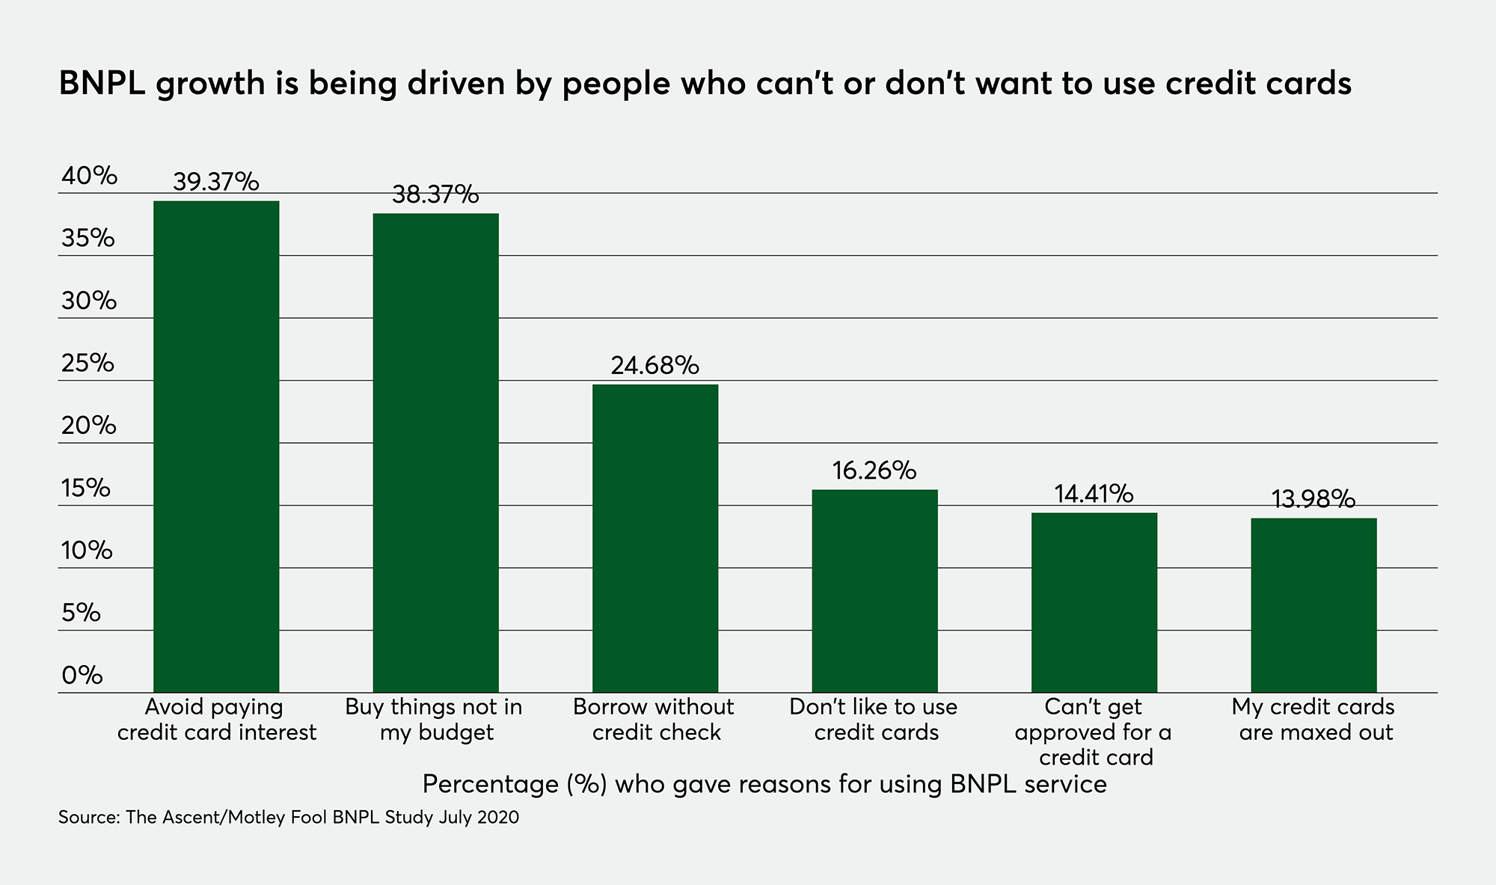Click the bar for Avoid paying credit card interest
click(216, 447)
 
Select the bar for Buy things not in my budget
click(435, 453)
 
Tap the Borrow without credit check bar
click(655, 539)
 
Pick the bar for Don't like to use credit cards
click(874, 591)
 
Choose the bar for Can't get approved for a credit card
click(1094, 602)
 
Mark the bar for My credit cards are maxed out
click(1313, 605)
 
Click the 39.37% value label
click(216, 182)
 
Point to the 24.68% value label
click(655, 365)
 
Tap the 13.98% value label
click(1313, 499)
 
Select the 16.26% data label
click(874, 471)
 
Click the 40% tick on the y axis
click(89, 176)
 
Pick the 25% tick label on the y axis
click(88, 364)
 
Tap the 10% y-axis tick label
click(87, 551)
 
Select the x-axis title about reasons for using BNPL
click(764, 784)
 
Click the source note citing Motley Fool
click(289, 817)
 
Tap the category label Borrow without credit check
click(654, 720)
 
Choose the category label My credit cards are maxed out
click(1314, 720)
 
